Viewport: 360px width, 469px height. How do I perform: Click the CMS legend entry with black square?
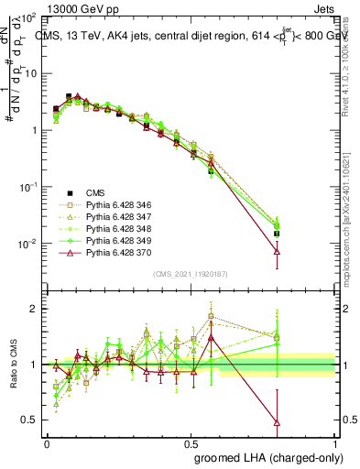pyautogui.click(x=94, y=192)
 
